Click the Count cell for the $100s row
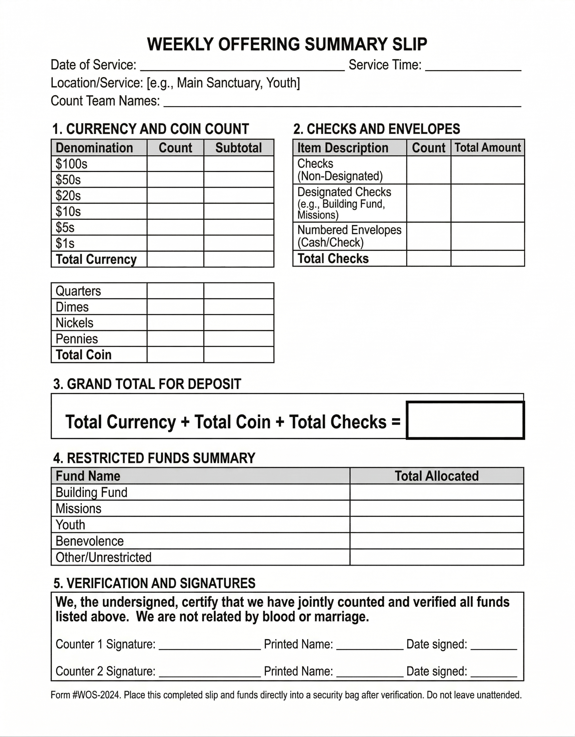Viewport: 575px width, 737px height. tap(175, 164)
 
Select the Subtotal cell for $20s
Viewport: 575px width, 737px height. tap(239, 195)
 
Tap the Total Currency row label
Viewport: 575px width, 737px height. tap(96, 259)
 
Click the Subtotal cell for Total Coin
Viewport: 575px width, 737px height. tap(239, 355)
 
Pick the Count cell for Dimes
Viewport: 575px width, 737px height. tap(175, 307)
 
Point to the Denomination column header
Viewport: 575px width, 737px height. tap(94, 148)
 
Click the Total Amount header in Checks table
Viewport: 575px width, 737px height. tap(488, 148)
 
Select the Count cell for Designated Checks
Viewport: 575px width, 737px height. tap(428, 203)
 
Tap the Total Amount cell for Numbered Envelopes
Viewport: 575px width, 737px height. tap(488, 236)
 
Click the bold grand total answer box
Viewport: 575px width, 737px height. tap(465, 420)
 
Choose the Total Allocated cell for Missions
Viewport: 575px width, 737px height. tap(437, 508)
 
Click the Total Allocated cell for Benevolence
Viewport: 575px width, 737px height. tap(437, 541)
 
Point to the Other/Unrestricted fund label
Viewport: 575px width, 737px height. tap(103, 557)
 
